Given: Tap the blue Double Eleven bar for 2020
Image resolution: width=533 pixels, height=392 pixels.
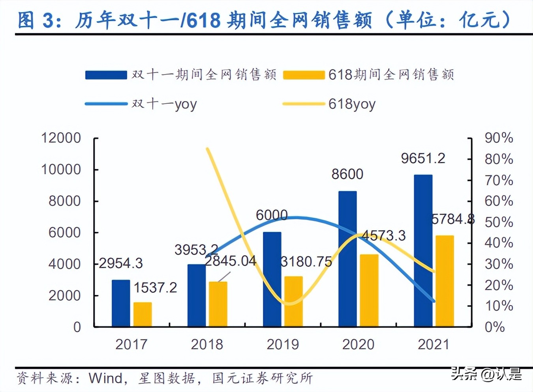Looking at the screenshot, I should [x=347, y=259].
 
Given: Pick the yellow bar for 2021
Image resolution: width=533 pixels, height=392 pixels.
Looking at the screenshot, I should [x=445, y=281].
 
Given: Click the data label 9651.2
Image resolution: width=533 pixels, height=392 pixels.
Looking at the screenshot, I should [x=423, y=159].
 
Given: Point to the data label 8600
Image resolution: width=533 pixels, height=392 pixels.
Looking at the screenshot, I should [x=347, y=174].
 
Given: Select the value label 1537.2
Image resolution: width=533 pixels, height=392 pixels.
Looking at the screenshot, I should [x=155, y=287].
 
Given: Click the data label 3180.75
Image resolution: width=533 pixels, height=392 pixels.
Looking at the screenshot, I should [x=306, y=261].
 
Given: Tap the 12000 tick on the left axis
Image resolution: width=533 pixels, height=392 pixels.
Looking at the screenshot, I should [x=61, y=138].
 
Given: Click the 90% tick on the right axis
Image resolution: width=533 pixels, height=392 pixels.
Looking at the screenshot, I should [x=499, y=138].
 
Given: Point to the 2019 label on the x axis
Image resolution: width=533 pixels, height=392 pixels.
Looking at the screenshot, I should [x=283, y=344].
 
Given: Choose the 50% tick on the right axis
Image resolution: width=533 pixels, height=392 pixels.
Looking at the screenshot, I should [x=499, y=222].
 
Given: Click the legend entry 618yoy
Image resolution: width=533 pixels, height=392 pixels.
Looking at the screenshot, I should [x=352, y=104].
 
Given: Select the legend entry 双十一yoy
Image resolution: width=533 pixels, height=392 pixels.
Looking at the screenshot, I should [x=164, y=104].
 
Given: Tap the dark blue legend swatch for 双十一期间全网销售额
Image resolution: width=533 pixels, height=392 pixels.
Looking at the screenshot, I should [x=106, y=75].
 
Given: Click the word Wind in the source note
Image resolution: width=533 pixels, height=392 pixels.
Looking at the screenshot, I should [x=105, y=378].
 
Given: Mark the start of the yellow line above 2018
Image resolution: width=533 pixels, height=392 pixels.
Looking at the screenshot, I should [x=208, y=149].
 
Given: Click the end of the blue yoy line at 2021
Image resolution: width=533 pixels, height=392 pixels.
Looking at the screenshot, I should [x=434, y=301].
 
